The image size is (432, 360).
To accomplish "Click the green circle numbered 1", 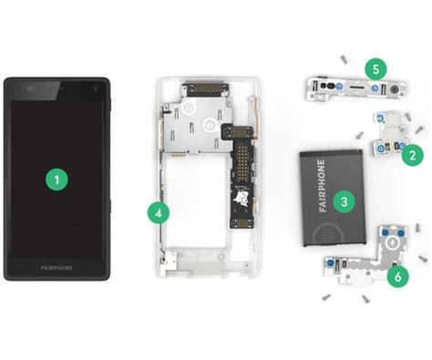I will pyautogui.click(x=57, y=180).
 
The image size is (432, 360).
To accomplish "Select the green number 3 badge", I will pyautogui.click(x=343, y=201).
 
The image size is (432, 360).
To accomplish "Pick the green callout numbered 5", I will pyautogui.click(x=374, y=67).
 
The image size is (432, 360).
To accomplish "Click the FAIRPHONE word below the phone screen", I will pyautogui.click(x=57, y=269).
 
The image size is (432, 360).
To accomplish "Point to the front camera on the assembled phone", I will pyautogui.click(x=95, y=89).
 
